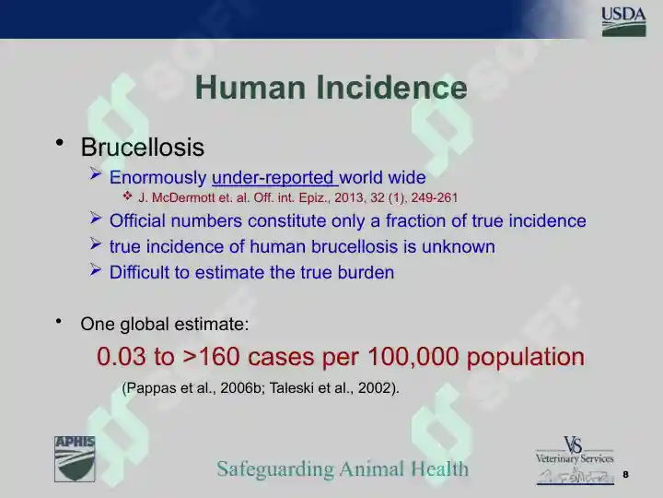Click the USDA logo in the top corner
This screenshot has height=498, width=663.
[x=623, y=21]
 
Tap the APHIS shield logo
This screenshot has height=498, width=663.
[x=75, y=459]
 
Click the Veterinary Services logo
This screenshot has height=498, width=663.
[x=575, y=461]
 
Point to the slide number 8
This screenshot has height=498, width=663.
[x=626, y=474]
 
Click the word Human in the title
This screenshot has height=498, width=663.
[x=250, y=88]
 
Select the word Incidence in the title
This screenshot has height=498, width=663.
[x=391, y=88]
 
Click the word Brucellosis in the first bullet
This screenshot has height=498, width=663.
[x=143, y=148]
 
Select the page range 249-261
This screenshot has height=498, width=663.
[x=435, y=197]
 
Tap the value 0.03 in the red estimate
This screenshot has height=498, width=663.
[x=122, y=356]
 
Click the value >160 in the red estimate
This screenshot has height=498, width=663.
[x=212, y=356]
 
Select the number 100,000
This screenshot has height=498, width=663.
[x=413, y=357]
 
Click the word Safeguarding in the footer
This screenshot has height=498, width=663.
[x=275, y=469]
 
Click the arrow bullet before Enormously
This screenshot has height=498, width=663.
[x=96, y=174]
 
